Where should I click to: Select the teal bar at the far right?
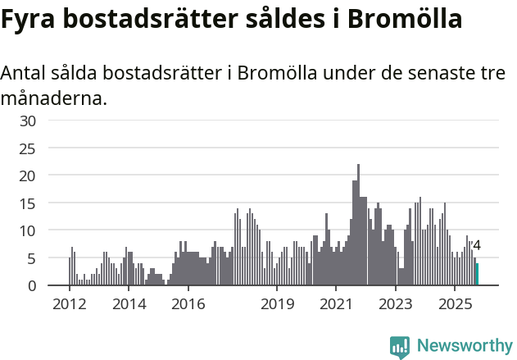point(477,274)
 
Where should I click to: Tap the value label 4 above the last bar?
point(477,245)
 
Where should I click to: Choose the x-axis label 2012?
point(69,304)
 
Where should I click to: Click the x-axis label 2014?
point(129,304)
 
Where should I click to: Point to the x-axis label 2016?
point(188,304)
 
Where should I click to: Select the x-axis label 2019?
point(277,304)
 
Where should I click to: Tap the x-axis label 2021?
point(336,304)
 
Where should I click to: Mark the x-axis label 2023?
point(396,304)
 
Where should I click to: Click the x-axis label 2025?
point(455,304)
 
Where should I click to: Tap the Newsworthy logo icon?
point(400,347)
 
